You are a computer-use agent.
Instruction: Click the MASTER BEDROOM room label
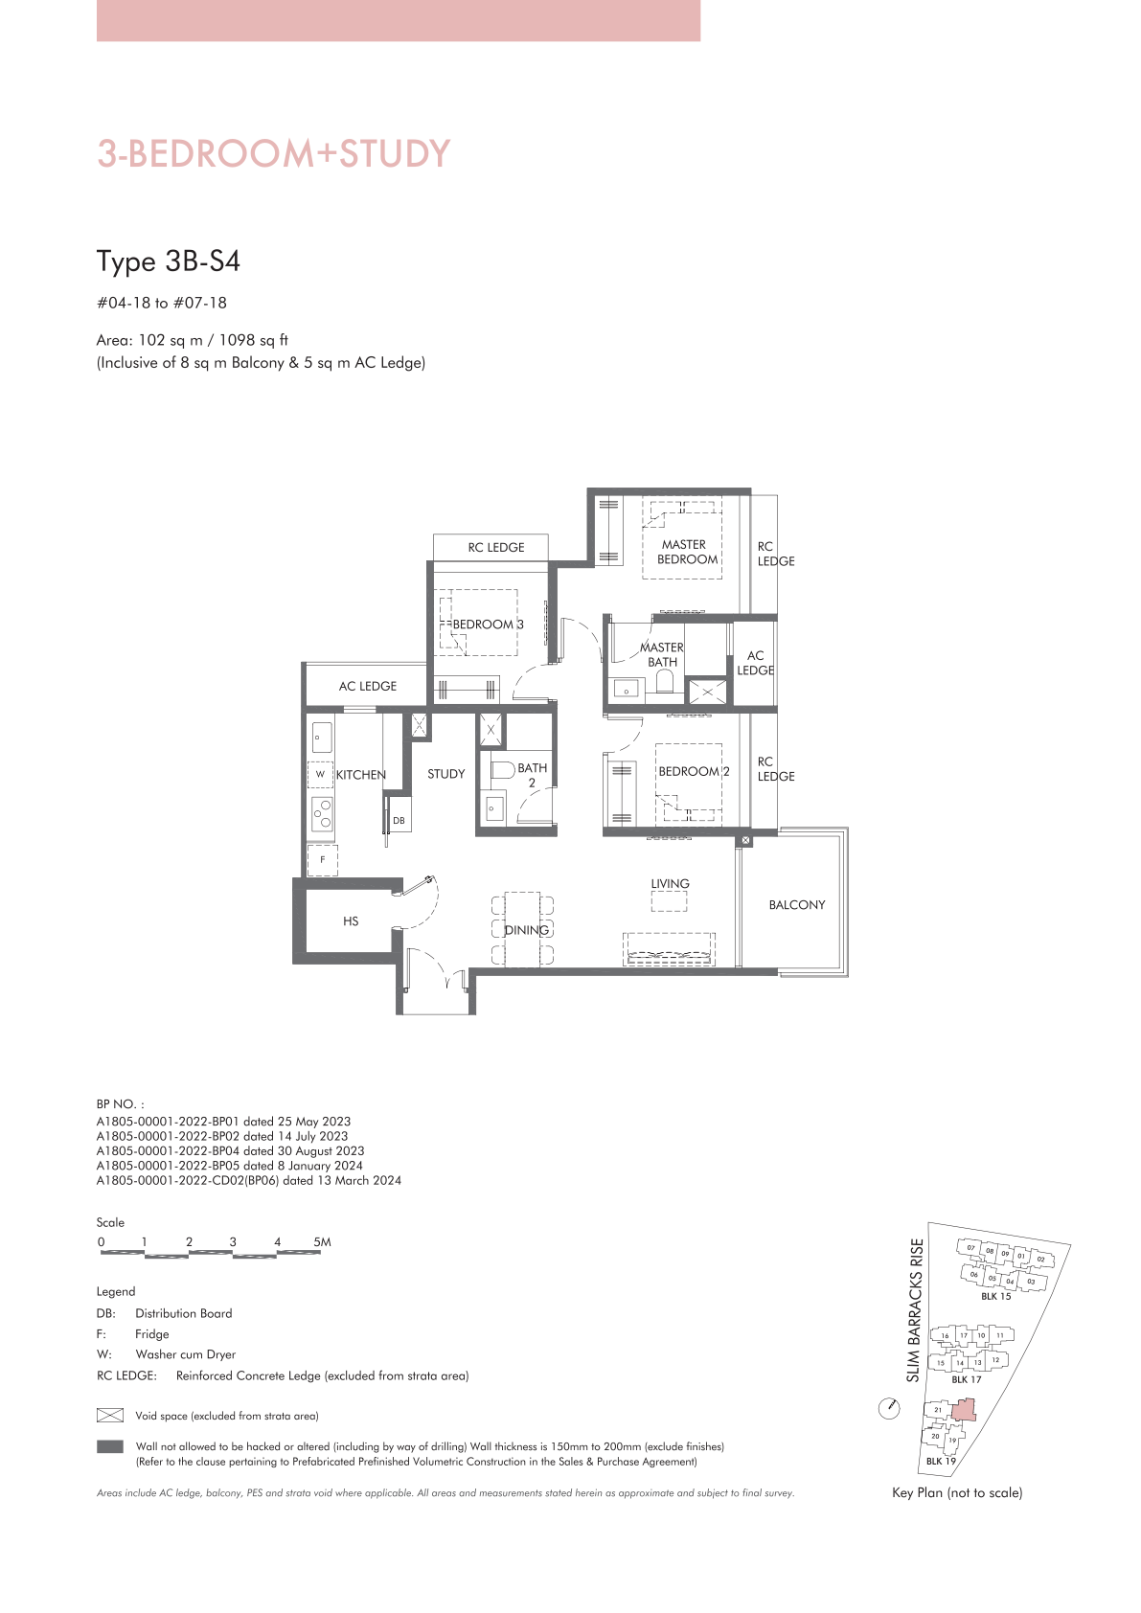click(x=687, y=552)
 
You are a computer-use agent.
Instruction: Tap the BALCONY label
click(x=797, y=904)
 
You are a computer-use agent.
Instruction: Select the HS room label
click(x=351, y=921)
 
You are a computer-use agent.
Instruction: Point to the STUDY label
click(x=445, y=774)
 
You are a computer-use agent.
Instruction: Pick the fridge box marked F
click(x=323, y=860)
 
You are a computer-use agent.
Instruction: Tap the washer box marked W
click(x=320, y=775)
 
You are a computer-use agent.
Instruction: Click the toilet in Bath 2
click(x=501, y=769)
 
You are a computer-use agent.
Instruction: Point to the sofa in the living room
click(x=670, y=949)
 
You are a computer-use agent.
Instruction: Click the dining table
click(x=523, y=930)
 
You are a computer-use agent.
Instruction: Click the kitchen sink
click(x=321, y=738)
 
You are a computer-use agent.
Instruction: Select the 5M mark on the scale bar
click(x=322, y=1242)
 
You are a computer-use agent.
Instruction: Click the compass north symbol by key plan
click(x=890, y=1408)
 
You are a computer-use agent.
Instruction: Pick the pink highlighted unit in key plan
click(x=964, y=1410)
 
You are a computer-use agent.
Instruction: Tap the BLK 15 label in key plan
click(x=995, y=1296)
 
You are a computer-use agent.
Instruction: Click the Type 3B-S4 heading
click(x=169, y=261)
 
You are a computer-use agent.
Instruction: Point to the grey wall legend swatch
click(x=109, y=1446)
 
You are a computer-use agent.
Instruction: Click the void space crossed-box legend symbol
click(x=109, y=1416)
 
